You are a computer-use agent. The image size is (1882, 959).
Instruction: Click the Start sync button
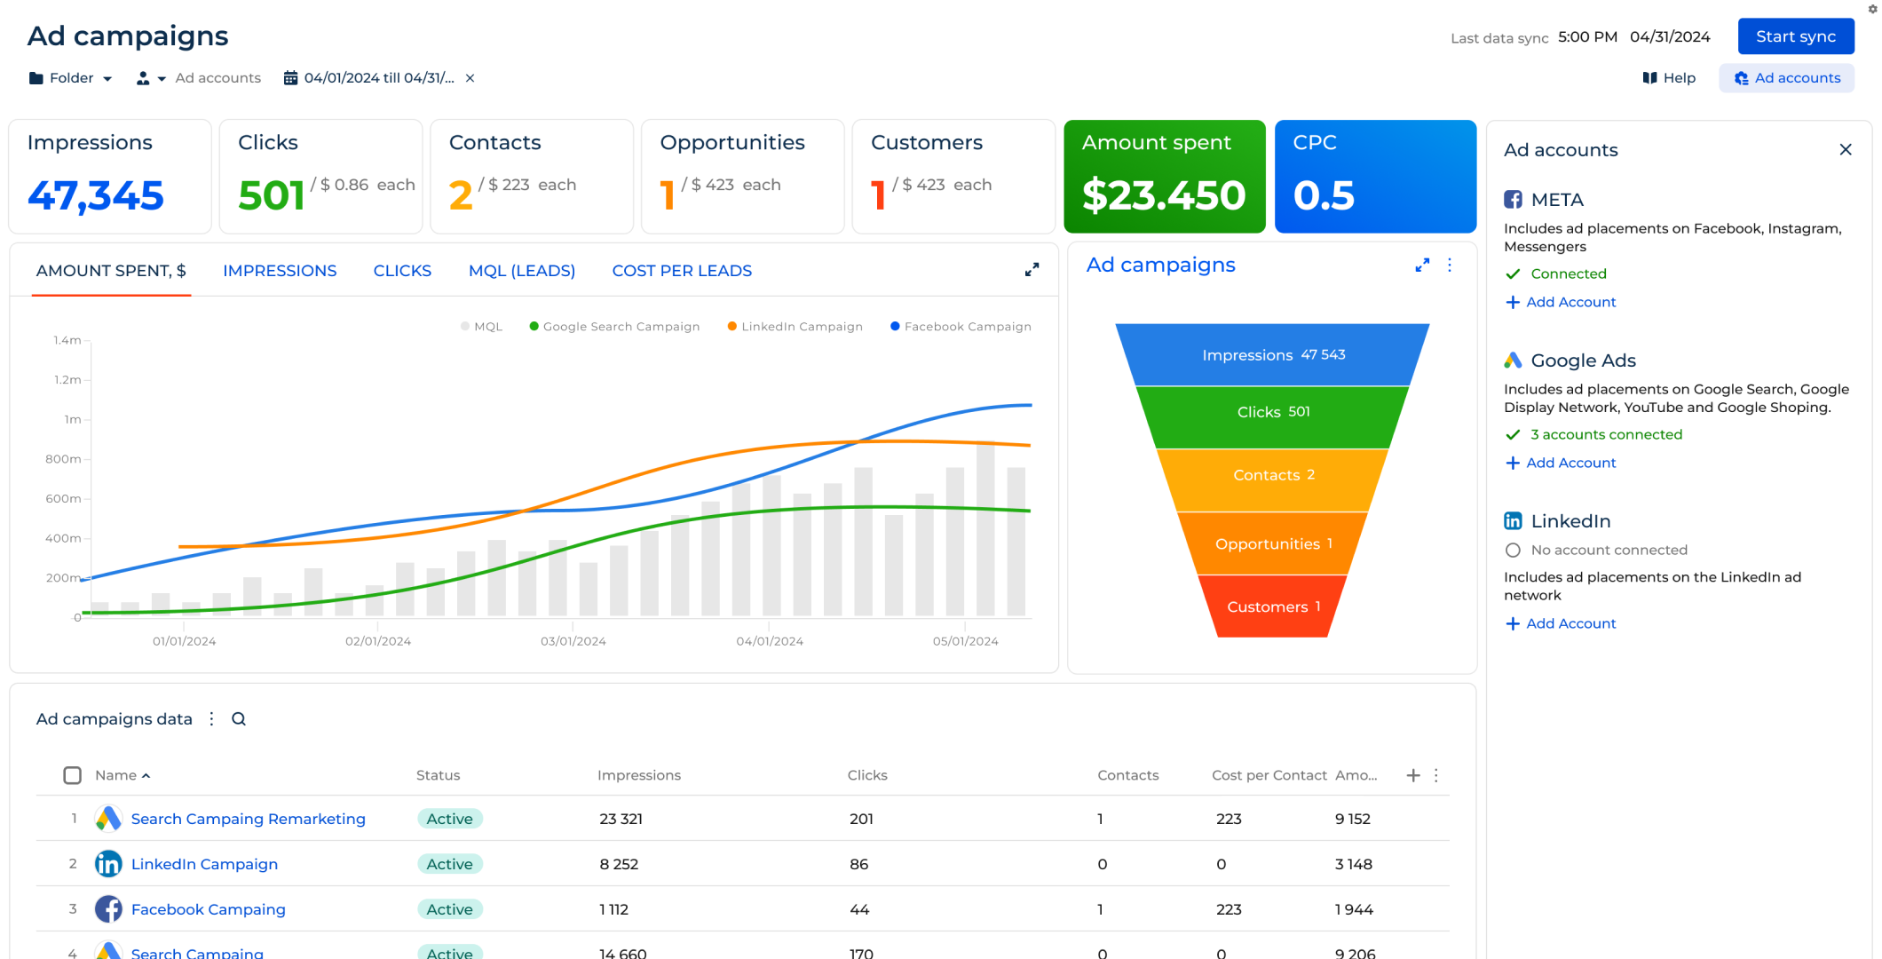tap(1795, 36)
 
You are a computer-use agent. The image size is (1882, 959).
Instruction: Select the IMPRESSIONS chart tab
tap(280, 271)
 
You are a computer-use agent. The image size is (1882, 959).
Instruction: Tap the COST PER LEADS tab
tap(681, 271)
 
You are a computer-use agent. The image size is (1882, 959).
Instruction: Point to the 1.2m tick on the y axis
tap(67, 380)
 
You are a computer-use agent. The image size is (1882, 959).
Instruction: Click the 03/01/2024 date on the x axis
tap(573, 641)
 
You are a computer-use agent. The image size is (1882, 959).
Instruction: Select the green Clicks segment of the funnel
tap(1272, 412)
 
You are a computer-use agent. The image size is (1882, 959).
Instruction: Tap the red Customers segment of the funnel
tap(1272, 606)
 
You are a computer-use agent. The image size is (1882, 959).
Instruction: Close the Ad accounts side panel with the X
tap(1845, 150)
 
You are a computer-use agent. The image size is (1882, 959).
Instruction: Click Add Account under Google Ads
tap(1570, 463)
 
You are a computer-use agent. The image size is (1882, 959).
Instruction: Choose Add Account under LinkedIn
tap(1570, 623)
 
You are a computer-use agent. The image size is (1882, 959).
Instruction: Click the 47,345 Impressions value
tap(96, 196)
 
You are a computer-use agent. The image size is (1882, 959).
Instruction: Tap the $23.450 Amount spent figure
tap(1163, 196)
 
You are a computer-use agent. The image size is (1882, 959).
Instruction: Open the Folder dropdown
tap(71, 78)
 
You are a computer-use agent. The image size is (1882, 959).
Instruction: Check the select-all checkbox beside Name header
tap(73, 775)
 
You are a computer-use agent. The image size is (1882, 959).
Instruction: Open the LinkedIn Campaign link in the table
tap(204, 864)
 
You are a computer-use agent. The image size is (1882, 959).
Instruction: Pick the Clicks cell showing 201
tap(861, 819)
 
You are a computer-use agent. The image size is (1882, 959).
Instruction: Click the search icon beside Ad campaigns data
tap(239, 719)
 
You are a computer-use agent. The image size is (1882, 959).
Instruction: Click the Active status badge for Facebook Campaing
tap(449, 909)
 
